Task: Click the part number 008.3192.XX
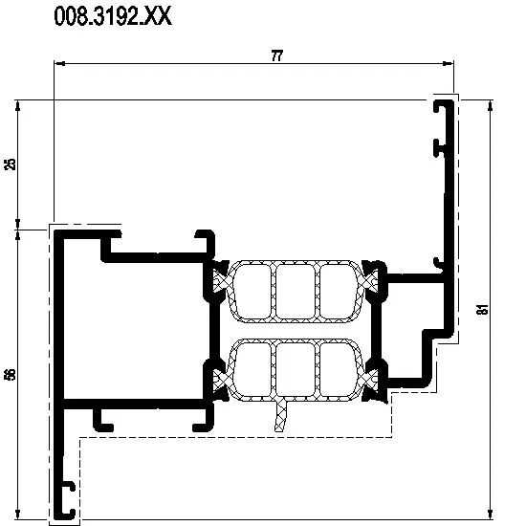point(113,16)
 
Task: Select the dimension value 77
point(277,55)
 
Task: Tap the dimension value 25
point(11,164)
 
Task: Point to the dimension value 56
point(11,374)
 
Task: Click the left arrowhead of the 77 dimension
point(59,63)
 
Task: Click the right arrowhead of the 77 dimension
point(448,63)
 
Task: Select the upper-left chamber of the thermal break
point(252,292)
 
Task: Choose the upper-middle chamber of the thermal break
point(296,292)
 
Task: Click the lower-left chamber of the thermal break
point(252,369)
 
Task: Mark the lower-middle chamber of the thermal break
point(296,369)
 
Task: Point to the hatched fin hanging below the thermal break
point(280,415)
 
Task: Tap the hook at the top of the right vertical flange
point(440,106)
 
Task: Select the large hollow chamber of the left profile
point(133,331)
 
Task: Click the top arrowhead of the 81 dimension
point(491,105)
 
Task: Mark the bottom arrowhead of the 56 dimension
point(18,514)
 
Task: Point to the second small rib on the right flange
point(439,148)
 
